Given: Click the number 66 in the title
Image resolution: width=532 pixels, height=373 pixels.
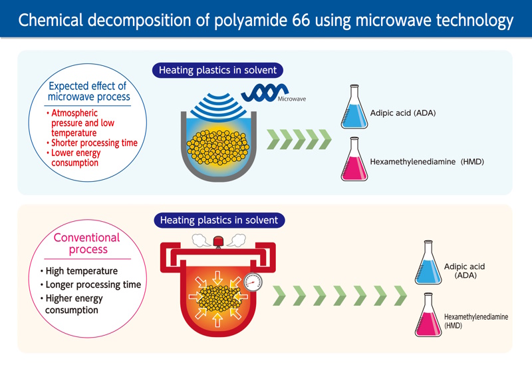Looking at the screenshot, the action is tap(301, 20).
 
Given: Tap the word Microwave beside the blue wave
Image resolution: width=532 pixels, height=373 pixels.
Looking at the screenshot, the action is tap(292, 99).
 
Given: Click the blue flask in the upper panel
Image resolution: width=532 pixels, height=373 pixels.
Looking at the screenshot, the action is tap(354, 107).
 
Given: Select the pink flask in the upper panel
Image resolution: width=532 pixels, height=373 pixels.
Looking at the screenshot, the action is tap(354, 159).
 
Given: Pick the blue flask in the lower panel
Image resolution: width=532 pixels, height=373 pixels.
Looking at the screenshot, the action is tap(428, 262).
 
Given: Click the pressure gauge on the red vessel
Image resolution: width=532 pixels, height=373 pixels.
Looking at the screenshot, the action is tap(253, 282).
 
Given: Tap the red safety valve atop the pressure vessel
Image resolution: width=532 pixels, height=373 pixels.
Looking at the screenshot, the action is tap(218, 242).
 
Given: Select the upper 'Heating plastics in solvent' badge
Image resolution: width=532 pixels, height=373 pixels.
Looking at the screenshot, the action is tap(217, 71).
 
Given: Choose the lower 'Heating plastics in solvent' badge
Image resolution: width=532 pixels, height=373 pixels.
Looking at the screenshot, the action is tap(219, 220).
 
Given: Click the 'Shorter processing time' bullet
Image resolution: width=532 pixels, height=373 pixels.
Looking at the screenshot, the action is tap(92, 143).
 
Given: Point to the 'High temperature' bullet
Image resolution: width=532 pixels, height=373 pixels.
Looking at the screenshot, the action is tap(79, 270).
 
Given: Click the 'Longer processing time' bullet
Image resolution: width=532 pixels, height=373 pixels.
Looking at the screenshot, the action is tap(90, 284).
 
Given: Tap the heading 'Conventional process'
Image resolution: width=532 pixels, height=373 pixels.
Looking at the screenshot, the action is tap(87, 243).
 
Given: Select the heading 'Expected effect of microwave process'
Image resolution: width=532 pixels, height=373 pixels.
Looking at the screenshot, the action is tap(88, 91).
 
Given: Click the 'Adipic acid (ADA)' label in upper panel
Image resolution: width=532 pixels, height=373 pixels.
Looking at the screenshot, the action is tap(403, 113).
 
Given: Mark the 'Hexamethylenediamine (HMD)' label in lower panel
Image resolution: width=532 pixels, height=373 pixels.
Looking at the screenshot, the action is tap(476, 321).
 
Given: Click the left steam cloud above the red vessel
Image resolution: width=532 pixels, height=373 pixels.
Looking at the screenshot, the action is tap(201, 240).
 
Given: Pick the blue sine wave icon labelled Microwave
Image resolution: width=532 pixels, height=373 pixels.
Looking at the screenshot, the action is tap(265, 93).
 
